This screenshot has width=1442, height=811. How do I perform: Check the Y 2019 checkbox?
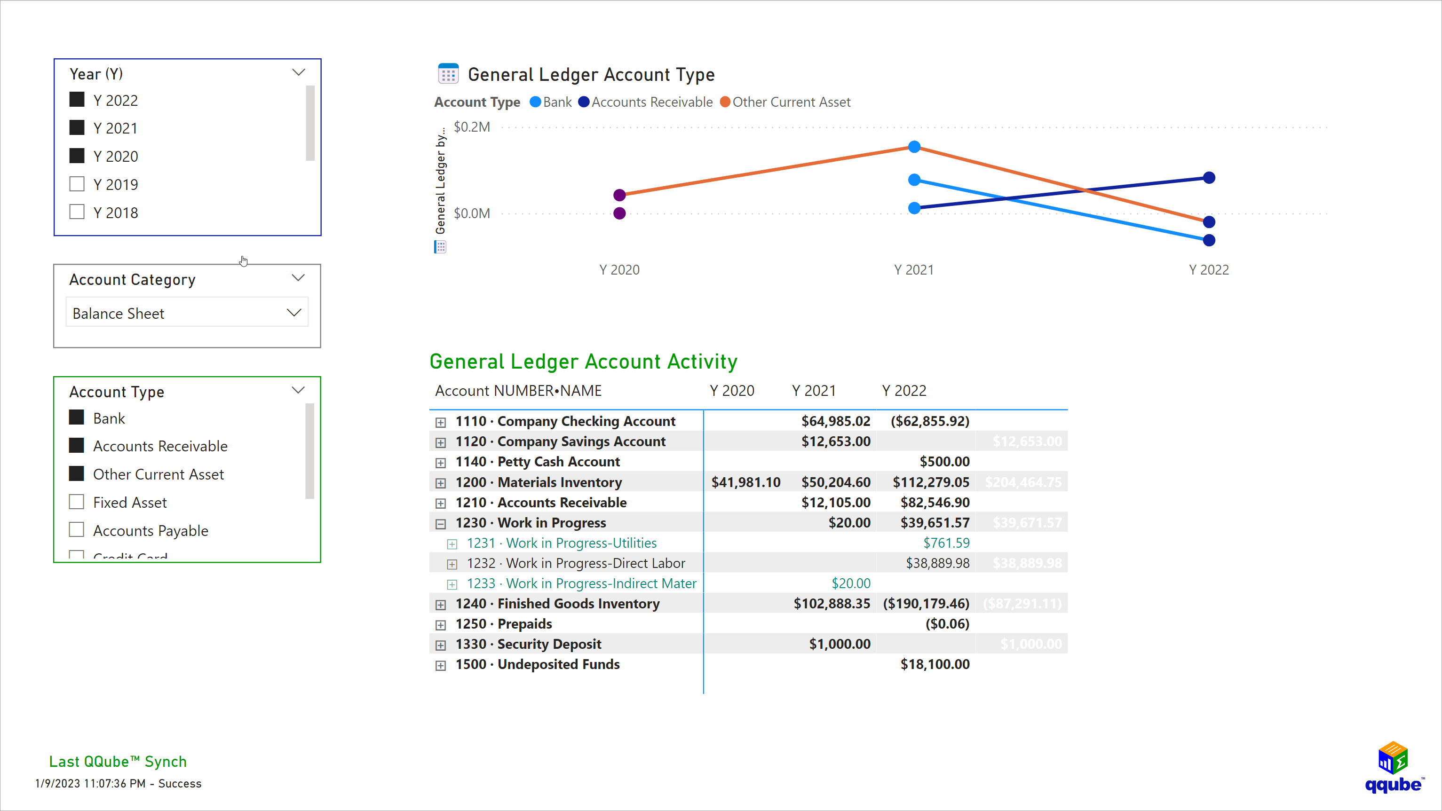pos(77,184)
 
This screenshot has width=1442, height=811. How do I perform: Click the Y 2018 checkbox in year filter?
pos(77,212)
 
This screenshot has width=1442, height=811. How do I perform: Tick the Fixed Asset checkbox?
pos(77,502)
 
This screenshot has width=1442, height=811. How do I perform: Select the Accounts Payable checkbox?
pos(77,530)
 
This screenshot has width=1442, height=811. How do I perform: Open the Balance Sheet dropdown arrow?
pos(294,313)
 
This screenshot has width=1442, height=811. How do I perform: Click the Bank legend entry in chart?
pos(551,102)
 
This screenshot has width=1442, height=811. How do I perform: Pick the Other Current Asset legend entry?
pos(785,102)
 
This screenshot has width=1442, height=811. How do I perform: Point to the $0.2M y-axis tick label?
pos(471,127)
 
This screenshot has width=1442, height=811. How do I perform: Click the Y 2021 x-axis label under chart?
pos(913,270)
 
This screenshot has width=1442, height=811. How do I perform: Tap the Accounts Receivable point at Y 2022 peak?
pos(1209,178)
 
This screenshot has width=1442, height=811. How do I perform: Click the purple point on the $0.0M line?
pos(619,213)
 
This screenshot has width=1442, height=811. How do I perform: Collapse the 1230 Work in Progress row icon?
pos(441,524)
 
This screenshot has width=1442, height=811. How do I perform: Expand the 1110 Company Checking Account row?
pos(441,423)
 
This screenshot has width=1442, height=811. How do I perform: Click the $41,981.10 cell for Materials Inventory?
pos(745,482)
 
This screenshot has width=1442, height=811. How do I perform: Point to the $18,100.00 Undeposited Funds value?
pos(935,664)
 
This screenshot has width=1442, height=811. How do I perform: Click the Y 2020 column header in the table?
pos(732,391)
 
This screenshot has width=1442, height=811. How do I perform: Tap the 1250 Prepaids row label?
pos(524,624)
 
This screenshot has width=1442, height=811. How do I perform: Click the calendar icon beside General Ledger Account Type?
pos(448,74)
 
